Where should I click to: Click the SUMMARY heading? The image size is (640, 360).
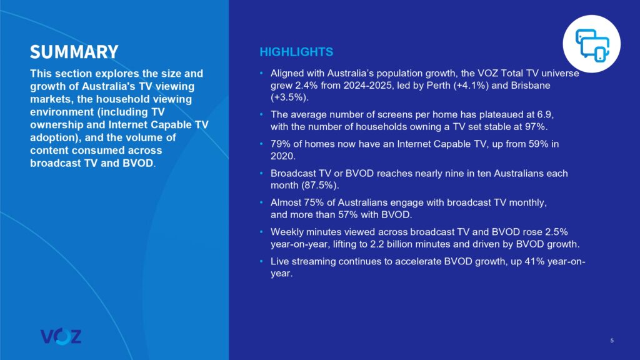(74, 51)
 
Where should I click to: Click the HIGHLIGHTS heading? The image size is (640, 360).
(296, 52)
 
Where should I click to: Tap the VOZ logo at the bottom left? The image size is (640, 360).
(61, 336)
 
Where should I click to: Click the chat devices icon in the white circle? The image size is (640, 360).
(592, 44)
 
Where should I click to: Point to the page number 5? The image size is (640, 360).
(612, 340)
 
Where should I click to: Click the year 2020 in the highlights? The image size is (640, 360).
(282, 157)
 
